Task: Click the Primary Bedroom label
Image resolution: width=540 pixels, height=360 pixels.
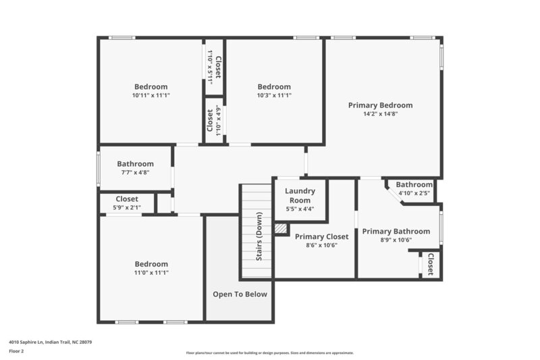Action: click(380, 105)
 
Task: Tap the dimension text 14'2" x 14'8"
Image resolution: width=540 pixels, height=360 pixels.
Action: click(380, 114)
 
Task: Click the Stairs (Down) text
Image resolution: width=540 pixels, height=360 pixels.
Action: click(259, 236)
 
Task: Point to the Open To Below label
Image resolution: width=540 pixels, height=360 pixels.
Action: click(240, 294)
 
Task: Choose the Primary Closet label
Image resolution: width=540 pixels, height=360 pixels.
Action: click(321, 236)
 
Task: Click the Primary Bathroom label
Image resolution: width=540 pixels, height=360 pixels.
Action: click(396, 231)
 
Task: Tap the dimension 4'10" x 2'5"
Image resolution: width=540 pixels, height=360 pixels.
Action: click(414, 193)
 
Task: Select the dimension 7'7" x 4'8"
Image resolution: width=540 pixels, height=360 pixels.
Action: click(135, 172)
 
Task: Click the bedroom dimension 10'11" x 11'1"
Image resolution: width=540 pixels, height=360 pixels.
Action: click(151, 95)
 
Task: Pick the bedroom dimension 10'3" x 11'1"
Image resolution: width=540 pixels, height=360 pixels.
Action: click(274, 95)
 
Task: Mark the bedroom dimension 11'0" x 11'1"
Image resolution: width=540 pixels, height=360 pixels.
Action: click(151, 273)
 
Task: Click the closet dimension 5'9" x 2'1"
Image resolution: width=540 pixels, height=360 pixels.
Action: click(127, 207)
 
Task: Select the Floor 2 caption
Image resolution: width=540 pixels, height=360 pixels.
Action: click(17, 351)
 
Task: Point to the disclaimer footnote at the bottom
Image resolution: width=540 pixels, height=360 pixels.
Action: click(269, 353)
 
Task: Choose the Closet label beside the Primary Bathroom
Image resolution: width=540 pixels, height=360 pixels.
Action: click(430, 264)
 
